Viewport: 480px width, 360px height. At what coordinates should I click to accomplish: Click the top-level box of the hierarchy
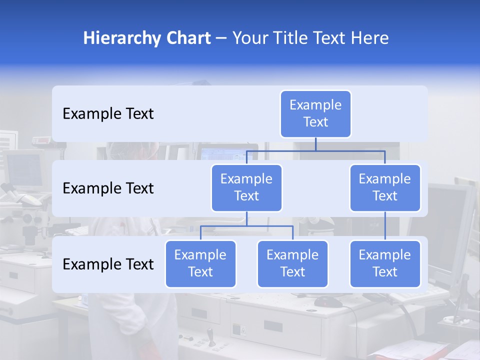(315, 113)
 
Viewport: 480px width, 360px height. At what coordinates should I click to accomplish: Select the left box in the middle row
(246, 187)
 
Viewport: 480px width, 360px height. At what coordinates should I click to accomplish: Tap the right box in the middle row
(385, 187)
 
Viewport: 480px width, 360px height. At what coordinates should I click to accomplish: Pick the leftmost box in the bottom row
(200, 263)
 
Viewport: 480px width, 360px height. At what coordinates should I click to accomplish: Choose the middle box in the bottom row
(292, 263)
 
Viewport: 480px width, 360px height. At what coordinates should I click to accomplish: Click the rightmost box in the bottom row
(385, 263)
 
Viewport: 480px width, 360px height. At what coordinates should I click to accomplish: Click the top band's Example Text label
(108, 114)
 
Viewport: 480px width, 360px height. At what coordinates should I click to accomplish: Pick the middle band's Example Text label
(108, 188)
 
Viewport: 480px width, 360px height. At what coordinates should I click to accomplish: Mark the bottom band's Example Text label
(108, 264)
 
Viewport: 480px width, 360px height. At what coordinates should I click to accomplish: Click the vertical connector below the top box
(315, 144)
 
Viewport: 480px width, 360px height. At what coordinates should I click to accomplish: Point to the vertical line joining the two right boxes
(385, 226)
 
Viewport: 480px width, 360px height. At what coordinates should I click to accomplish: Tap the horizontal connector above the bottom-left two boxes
(246, 226)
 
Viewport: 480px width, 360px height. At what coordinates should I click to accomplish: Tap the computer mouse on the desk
(329, 301)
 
